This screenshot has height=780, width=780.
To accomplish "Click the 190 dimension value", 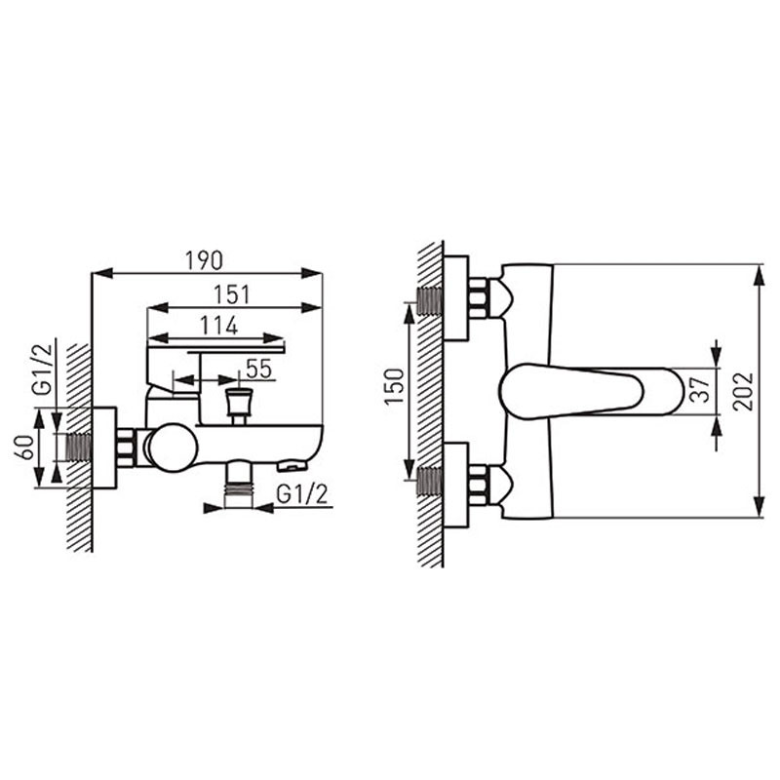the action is (x=204, y=260).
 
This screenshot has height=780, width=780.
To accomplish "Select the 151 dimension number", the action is (x=232, y=294).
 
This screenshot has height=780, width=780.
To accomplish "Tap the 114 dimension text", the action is (x=218, y=326).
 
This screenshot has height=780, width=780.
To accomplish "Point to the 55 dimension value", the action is (x=258, y=370).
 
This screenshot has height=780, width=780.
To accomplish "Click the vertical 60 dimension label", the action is (x=26, y=447).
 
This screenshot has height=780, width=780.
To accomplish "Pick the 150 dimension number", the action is (x=394, y=387).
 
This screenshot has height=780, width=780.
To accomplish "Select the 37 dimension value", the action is (x=700, y=390).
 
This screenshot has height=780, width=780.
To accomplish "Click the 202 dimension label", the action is (x=743, y=392).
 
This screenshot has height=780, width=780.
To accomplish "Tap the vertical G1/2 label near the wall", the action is (x=43, y=370).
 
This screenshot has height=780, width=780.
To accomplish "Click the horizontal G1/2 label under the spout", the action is (x=302, y=494).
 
